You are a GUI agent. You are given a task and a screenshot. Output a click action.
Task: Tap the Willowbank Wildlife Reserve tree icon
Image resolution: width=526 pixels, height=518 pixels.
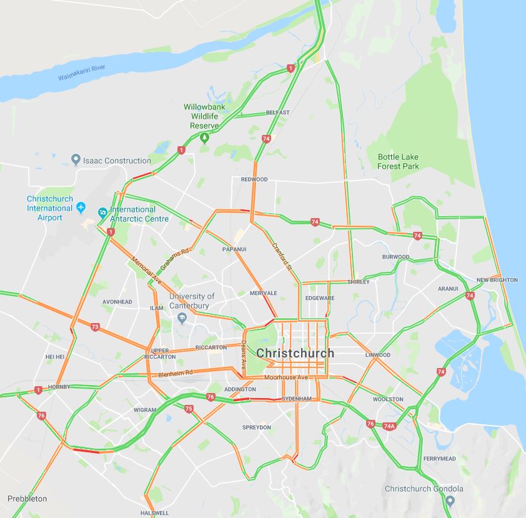pos(204,137)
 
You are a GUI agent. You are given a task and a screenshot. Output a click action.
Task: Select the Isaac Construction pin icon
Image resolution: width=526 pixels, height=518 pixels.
pos(76,160)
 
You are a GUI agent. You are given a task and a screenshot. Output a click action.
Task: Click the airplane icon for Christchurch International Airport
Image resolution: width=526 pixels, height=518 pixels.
pos(81,207)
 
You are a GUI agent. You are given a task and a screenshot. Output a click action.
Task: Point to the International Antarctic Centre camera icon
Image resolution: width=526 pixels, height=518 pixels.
pos(102,212)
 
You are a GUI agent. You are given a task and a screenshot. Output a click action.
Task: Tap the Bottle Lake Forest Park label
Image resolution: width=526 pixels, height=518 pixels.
pos(398,161)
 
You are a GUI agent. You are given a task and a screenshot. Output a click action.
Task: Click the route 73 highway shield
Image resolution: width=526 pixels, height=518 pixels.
pos(95,327)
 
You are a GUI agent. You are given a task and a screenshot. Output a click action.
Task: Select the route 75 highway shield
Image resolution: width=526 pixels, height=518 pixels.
pos(189,409)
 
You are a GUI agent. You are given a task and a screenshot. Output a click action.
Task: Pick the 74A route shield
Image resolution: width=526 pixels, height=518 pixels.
pos(390,426)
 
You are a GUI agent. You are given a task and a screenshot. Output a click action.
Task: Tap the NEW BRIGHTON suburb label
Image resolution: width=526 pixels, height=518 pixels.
pos(497,280)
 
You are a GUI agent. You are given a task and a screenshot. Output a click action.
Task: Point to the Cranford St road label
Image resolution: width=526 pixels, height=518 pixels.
pos(282,256)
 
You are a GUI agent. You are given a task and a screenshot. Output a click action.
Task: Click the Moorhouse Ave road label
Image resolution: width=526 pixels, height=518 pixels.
pos(286,378)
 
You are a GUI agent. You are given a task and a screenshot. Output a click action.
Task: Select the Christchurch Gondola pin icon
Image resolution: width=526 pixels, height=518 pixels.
pos(449,501)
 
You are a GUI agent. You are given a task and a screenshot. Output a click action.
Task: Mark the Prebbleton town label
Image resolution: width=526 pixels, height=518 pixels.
pos(27,499)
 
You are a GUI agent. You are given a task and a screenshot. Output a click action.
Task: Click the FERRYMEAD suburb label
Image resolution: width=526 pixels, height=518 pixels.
pos(439,459)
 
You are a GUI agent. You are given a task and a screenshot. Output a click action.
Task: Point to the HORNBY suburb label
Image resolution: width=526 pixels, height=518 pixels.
pos(59,387)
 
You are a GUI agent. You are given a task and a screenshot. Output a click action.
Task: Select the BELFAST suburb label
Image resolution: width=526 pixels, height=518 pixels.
pos(277,112)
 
